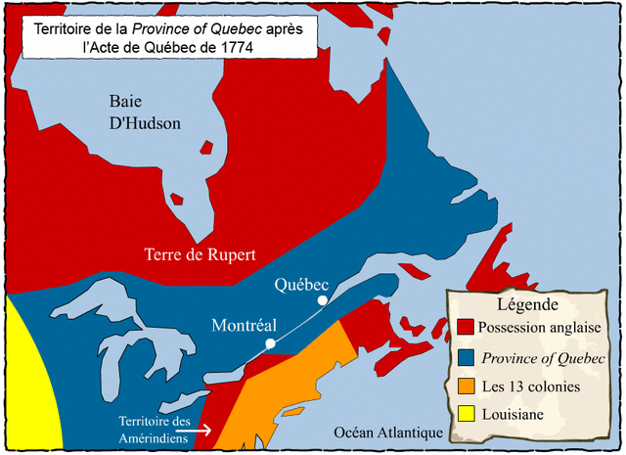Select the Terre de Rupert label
(x=200, y=254)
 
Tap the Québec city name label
(x=301, y=284)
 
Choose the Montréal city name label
(x=245, y=326)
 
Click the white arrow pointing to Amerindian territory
(x=200, y=429)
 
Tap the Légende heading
(x=528, y=303)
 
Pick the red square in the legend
(x=466, y=327)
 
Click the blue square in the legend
(x=466, y=357)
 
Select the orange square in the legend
(x=466, y=387)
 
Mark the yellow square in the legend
(x=466, y=415)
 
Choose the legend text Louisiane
(x=514, y=415)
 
